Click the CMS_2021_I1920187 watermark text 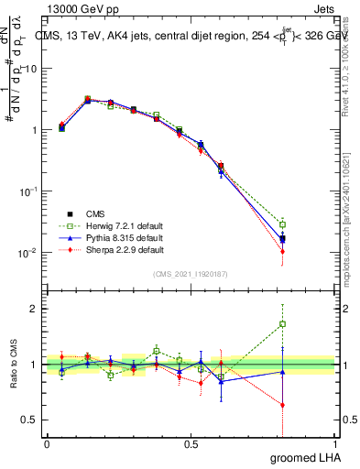tap(191, 273)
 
